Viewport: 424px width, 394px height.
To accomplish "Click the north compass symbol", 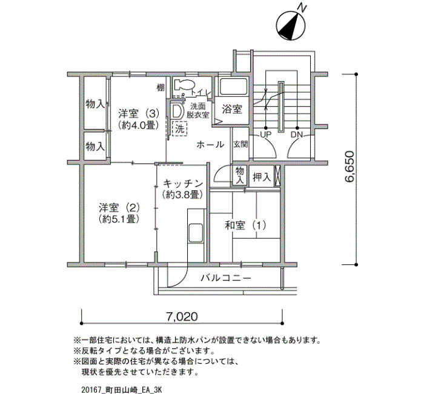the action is (x=291, y=25).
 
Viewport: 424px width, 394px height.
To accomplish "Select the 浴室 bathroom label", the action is (x=232, y=109).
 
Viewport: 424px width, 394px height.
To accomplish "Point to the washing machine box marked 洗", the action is (x=179, y=129).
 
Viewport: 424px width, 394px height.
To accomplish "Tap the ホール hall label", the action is (x=210, y=144).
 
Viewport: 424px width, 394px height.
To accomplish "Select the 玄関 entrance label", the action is (x=240, y=144).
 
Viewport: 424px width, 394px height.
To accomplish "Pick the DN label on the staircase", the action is (x=297, y=134).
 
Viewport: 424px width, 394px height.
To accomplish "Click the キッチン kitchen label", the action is (x=183, y=184).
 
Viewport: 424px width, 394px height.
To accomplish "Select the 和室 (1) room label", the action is (x=245, y=225).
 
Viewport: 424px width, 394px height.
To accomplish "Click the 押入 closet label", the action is (x=262, y=177).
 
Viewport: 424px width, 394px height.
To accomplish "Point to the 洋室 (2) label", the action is (x=119, y=208).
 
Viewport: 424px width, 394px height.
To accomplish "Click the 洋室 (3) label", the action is (x=138, y=113).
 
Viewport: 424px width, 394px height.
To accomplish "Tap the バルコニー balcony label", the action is (x=226, y=278).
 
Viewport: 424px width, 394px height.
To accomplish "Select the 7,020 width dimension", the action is (x=182, y=316).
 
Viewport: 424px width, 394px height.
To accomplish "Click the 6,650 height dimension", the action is (x=349, y=167).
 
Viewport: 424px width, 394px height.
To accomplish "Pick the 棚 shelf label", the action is (x=161, y=88).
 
